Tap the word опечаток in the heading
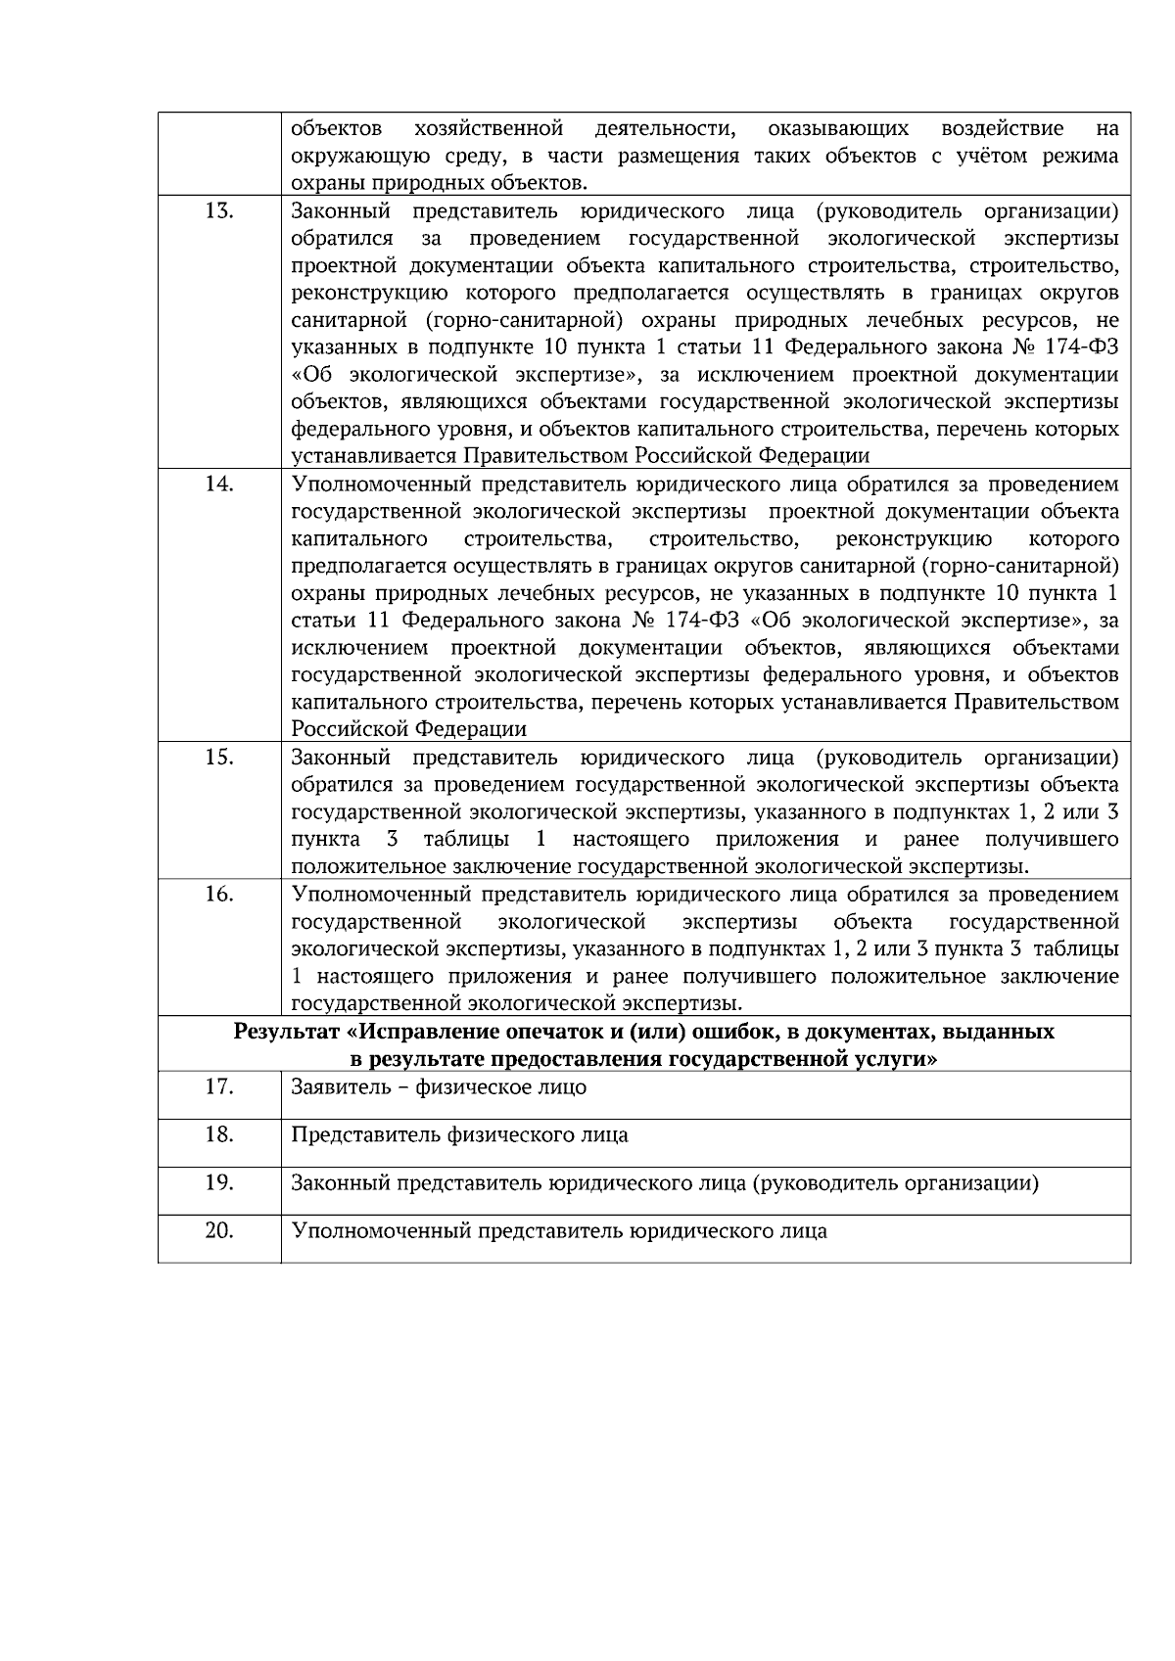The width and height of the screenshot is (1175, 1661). coord(545,1033)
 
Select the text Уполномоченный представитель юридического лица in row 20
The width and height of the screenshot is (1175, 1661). coord(559,1231)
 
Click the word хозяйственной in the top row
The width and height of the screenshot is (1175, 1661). coord(489,129)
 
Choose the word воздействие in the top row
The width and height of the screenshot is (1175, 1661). coord(987,129)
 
